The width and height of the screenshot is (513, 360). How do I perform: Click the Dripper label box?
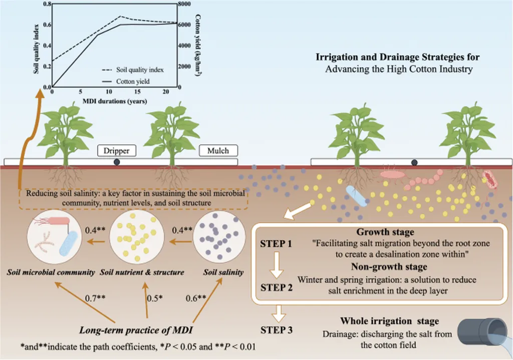click(x=116, y=150)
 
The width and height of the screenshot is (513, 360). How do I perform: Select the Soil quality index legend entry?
click(x=133, y=70)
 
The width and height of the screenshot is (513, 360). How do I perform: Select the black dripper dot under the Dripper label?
click(x=117, y=162)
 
